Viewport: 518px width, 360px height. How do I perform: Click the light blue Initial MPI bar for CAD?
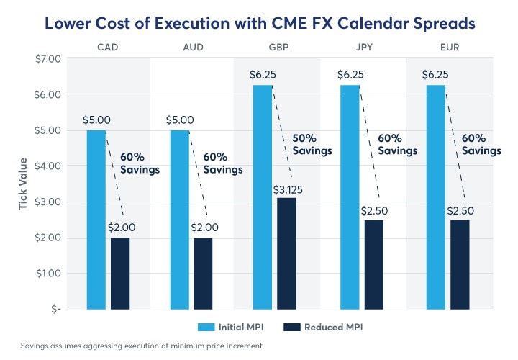pos(96,220)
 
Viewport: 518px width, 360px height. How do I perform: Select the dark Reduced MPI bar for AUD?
pos(203,273)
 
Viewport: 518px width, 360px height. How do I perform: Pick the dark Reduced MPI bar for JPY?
pos(373,264)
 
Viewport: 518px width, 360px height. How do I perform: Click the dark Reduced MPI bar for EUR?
pos(459,264)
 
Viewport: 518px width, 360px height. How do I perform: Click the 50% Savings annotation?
pos(312,144)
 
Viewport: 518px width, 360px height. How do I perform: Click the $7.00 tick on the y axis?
pos(45,58)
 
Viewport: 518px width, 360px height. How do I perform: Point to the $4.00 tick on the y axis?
pos(45,166)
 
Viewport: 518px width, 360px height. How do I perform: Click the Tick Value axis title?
pos(23,184)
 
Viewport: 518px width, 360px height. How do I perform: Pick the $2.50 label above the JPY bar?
pos(373,212)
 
